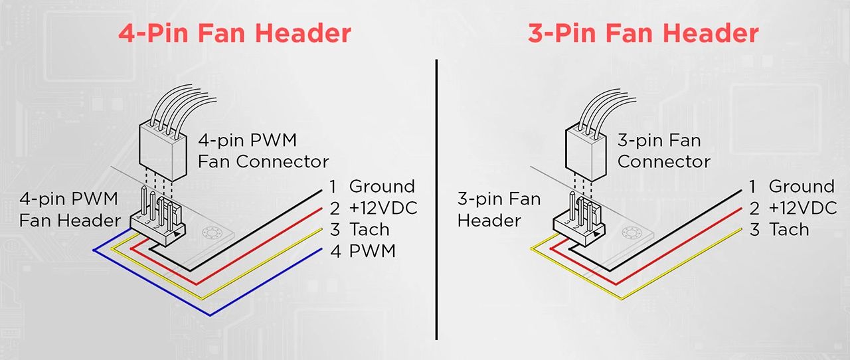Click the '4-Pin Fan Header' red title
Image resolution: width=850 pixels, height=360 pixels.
pos(234,33)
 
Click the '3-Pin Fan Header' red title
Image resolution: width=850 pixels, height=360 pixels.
pos(643,33)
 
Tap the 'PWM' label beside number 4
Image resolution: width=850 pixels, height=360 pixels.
pos(373,251)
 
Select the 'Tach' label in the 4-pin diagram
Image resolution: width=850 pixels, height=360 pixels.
pos(369,230)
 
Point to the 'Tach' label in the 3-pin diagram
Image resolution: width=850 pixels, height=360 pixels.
pos(789,230)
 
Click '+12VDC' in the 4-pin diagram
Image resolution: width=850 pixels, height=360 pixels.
pos(383,208)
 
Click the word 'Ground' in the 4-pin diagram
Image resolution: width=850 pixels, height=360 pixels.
pos(382,187)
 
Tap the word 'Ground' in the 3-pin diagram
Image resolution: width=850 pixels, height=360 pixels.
pos(802,187)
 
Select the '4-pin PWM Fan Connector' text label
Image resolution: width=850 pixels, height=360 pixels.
pos(263,151)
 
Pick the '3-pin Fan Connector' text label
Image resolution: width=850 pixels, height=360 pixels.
pos(663,151)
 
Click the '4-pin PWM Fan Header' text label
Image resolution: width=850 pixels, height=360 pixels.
pos(69,209)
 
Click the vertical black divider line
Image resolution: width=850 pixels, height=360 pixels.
pos(437,199)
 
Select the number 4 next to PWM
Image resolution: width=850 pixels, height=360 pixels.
pos(335,251)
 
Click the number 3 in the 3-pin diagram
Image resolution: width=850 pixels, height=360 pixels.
pos(754,230)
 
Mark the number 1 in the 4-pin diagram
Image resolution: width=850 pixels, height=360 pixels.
pos(334,187)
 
